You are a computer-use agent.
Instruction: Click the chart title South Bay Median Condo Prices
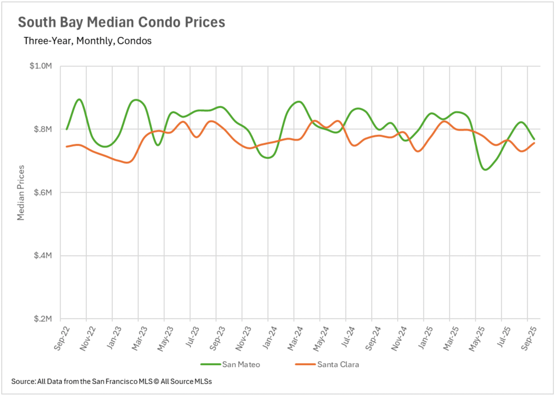[121, 22]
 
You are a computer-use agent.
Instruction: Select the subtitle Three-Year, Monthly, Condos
[87, 41]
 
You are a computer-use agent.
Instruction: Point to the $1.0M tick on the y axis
[41, 66]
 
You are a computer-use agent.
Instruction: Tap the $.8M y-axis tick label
[43, 129]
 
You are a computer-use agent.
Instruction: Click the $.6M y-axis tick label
[43, 193]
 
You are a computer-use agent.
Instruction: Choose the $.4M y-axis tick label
[43, 255]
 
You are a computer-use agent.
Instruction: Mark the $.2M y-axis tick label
[43, 319]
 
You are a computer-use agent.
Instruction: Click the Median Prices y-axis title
[21, 193]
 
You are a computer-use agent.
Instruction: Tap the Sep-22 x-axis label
[62, 338]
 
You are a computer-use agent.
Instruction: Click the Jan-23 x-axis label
[114, 338]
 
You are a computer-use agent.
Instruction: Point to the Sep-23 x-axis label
[217, 338]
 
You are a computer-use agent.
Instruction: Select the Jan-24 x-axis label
[269, 338]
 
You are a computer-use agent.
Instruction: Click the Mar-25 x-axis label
[451, 338]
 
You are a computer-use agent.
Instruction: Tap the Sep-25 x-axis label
[529, 338]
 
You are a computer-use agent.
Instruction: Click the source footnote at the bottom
[111, 382]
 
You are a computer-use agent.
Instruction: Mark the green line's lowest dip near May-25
[486, 169]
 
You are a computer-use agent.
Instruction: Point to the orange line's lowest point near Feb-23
[127, 162]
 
